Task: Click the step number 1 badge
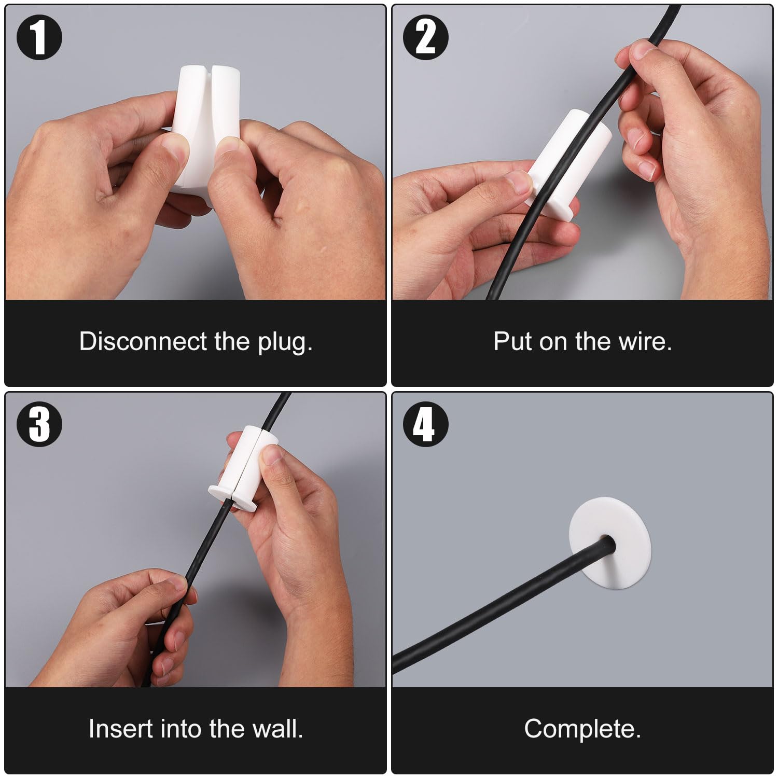[x=39, y=38]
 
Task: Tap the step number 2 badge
[x=426, y=37]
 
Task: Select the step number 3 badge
[x=39, y=425]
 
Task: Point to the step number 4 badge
[x=426, y=425]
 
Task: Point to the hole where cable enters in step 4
[x=608, y=543]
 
